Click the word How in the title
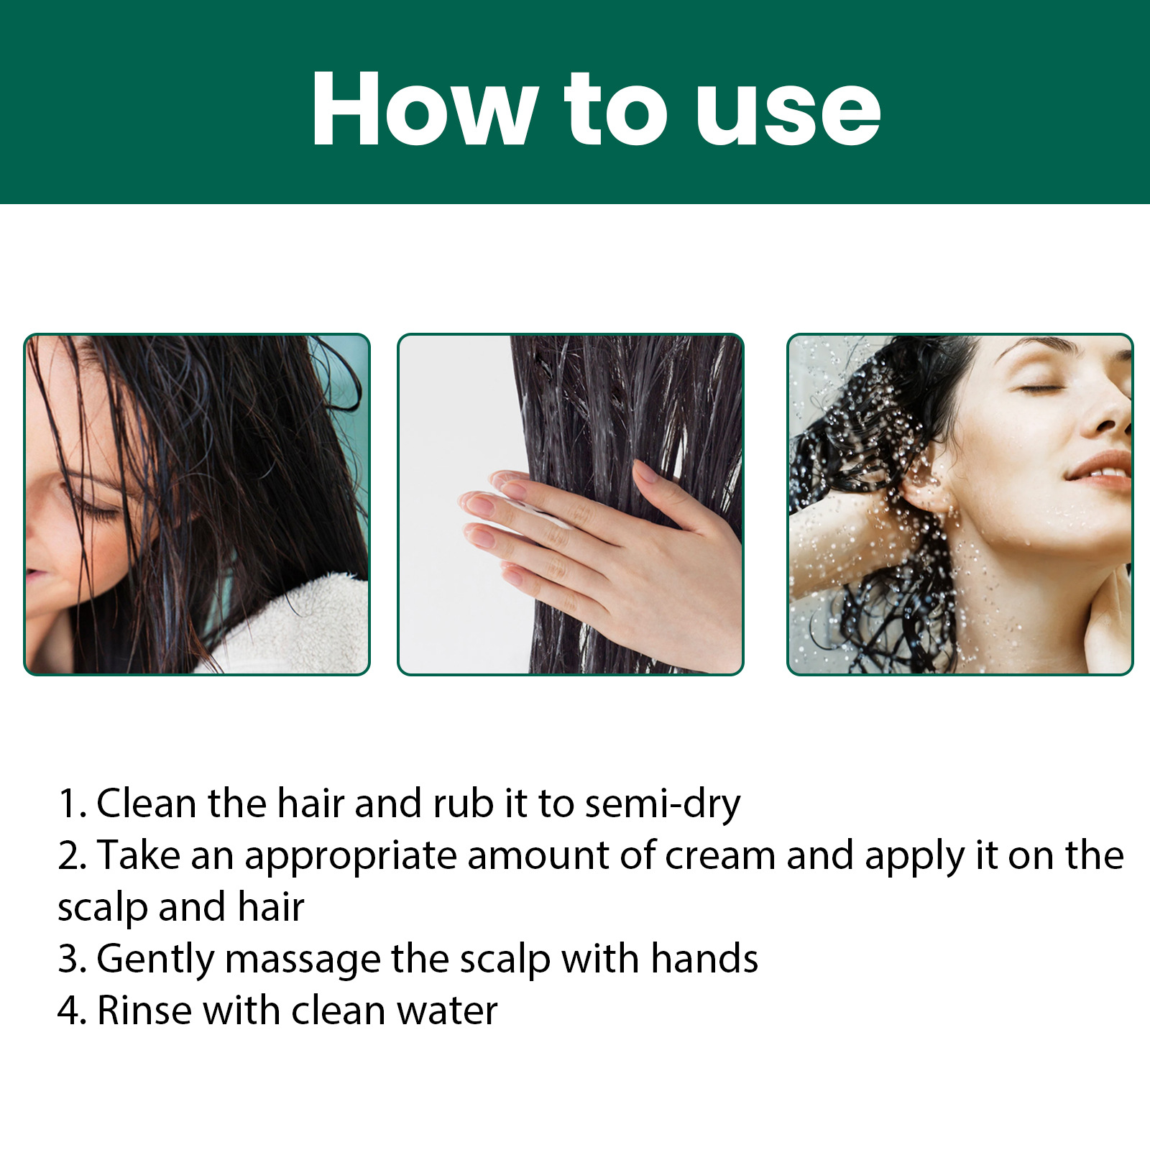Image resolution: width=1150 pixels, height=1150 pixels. tap(424, 109)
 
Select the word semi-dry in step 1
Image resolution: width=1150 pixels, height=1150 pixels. tap(662, 804)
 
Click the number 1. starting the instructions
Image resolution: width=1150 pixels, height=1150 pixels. tap(71, 804)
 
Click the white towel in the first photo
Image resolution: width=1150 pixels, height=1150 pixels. tap(302, 625)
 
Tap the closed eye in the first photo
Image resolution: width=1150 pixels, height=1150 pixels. tap(101, 512)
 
